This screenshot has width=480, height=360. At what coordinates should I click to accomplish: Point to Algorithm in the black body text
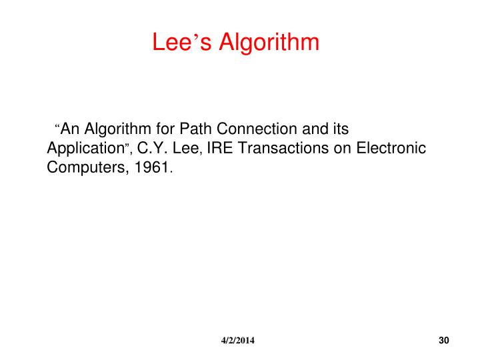[114, 129]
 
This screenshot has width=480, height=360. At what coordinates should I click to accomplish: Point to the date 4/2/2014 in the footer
[238, 341]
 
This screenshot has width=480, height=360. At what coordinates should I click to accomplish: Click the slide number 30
[445, 341]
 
